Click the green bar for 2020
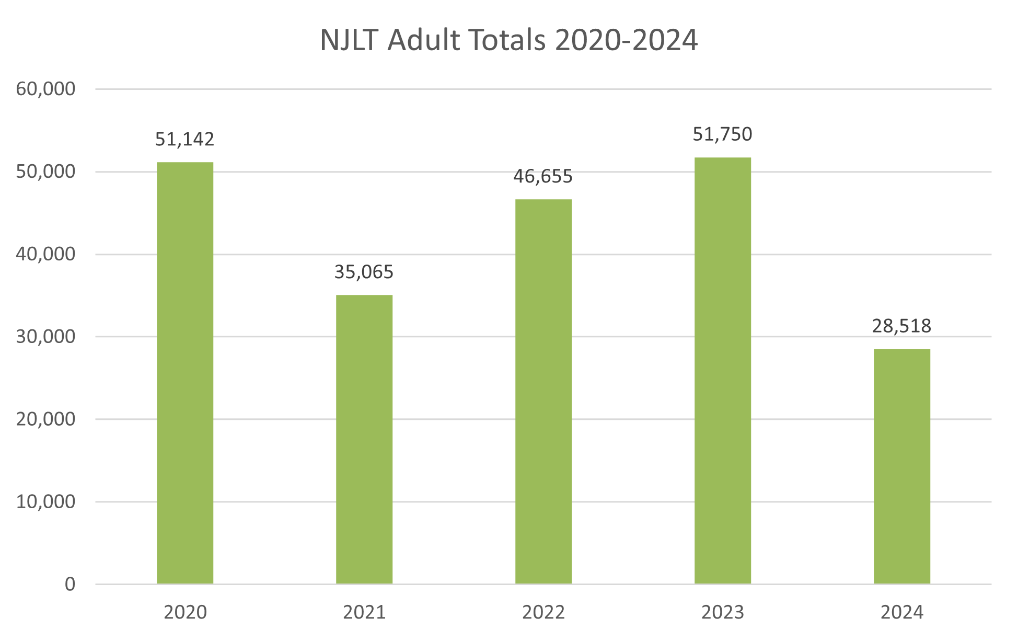pos(185,373)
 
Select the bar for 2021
pos(364,439)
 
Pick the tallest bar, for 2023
pos(723,370)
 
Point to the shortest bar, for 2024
pos(902,466)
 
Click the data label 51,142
pos(185,139)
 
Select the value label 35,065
pos(364,272)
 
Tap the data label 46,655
pos(543,176)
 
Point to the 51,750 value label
pos(722,134)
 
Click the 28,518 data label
pos(901,326)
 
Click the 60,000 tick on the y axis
pos(45,89)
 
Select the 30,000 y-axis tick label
pos(45,337)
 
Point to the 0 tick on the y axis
pos(70,584)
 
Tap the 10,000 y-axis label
pos(45,502)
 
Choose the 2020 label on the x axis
pos(185,612)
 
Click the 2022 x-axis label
pos(543,612)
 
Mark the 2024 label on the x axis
pos(902,612)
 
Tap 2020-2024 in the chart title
pos(626,40)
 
